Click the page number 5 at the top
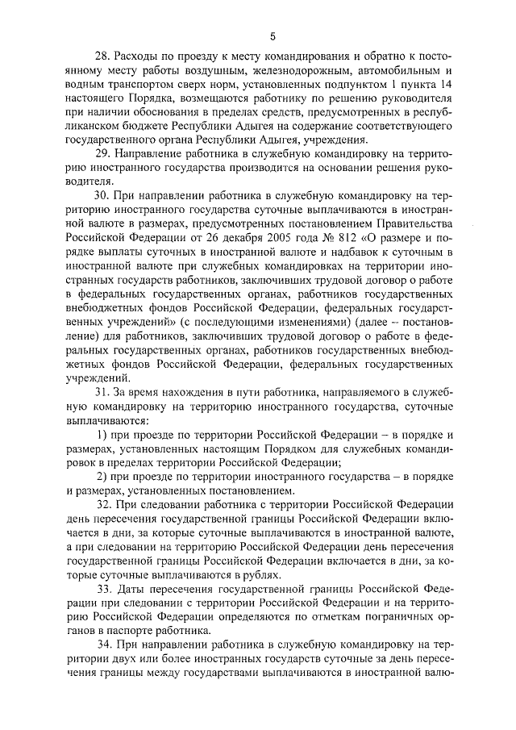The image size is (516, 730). click(x=273, y=35)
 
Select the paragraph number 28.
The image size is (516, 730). click(x=102, y=57)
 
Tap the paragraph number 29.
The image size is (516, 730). click(x=102, y=154)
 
